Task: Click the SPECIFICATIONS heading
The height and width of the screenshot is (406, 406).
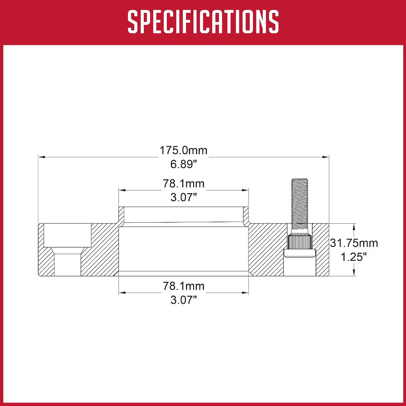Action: [203, 22]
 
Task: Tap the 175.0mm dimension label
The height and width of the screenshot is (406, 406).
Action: [183, 150]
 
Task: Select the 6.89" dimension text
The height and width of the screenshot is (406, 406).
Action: [184, 164]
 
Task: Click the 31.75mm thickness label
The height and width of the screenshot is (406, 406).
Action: [354, 243]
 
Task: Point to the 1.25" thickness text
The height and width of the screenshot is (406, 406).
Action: [354, 257]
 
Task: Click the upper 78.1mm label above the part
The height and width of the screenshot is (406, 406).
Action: [183, 183]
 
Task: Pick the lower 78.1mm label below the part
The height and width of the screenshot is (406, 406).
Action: [183, 286]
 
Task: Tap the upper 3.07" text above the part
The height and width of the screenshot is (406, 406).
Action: [184, 198]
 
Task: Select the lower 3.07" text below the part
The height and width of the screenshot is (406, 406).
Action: [184, 300]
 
